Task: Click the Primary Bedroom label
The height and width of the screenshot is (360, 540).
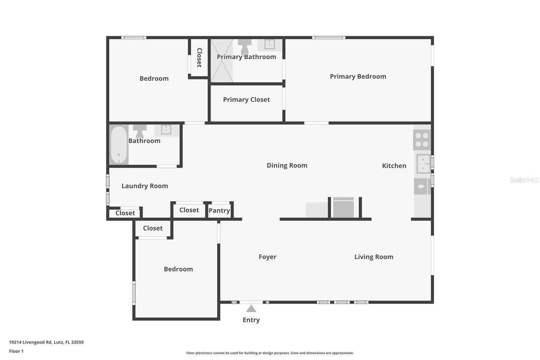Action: (x=358, y=77)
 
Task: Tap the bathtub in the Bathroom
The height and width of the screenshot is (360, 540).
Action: (x=119, y=145)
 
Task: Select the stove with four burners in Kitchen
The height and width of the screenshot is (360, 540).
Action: (x=422, y=140)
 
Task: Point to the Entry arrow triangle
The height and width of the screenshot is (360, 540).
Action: (x=251, y=309)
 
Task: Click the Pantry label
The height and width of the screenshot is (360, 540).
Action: (x=219, y=211)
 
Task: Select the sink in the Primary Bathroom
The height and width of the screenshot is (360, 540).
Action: (x=269, y=44)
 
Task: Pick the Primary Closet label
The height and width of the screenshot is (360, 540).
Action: (x=246, y=100)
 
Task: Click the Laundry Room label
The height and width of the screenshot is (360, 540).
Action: (x=144, y=186)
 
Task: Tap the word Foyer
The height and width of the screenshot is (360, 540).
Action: (x=267, y=257)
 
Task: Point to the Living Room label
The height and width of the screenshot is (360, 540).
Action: (x=374, y=257)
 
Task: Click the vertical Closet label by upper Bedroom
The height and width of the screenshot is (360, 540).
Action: (x=199, y=58)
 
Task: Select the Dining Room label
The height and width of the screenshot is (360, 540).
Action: (x=287, y=165)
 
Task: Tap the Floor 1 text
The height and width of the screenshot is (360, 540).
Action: (x=16, y=351)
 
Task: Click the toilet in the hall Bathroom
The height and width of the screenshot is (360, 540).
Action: (x=139, y=131)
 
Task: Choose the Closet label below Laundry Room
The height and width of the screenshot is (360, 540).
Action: (x=125, y=213)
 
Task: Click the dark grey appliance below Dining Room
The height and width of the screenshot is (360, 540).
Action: (x=343, y=208)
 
